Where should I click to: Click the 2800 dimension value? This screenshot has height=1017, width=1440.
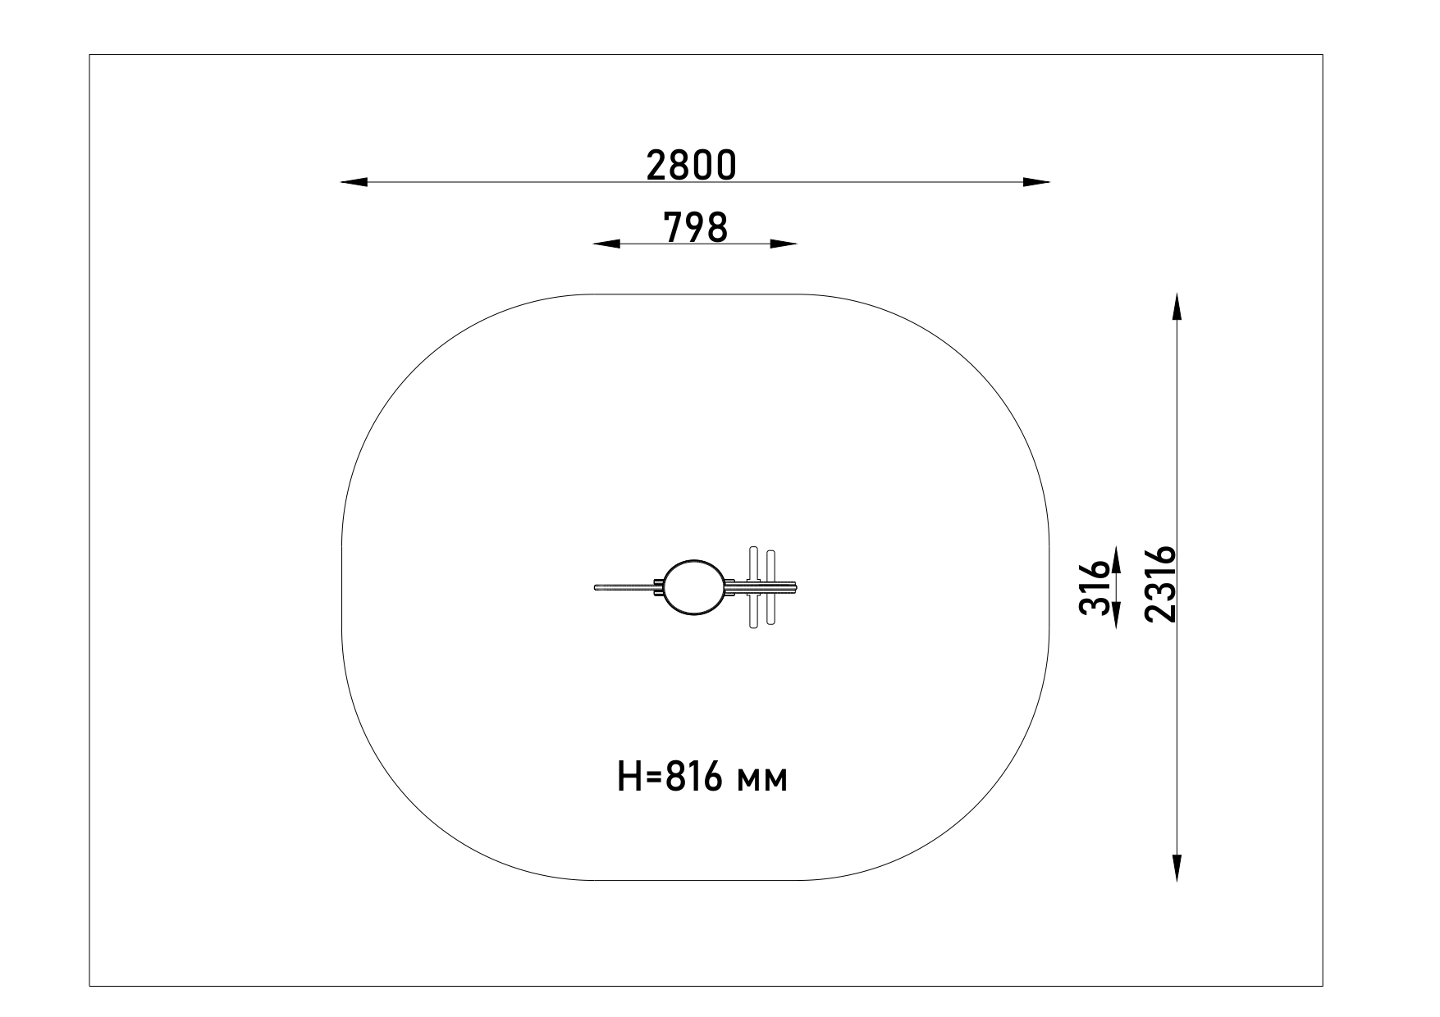point(691,165)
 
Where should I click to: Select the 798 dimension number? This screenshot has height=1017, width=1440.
point(695,227)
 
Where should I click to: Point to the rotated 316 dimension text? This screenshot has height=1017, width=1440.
point(1095,588)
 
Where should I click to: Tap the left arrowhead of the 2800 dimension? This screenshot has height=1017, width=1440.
point(354,182)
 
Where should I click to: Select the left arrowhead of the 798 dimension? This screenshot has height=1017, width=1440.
point(606,244)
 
